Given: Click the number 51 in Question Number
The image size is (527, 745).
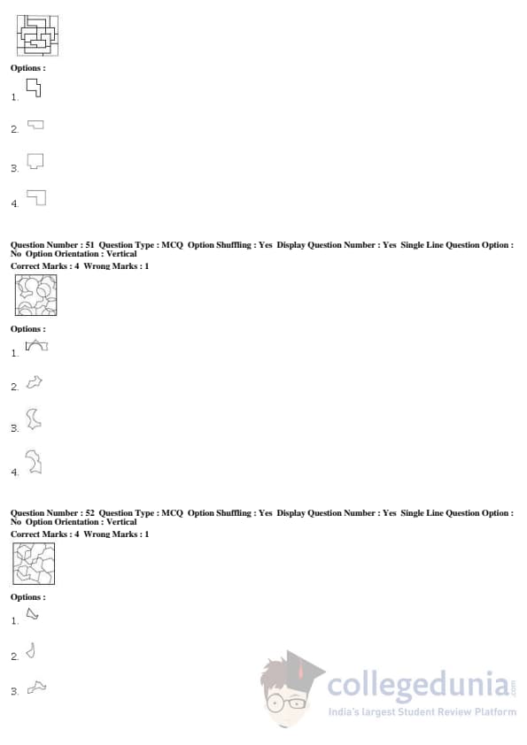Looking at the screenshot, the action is click(89, 245).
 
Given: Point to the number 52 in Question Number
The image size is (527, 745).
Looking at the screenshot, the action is click(89, 512).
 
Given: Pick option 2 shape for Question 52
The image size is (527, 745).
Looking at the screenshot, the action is click(31, 652).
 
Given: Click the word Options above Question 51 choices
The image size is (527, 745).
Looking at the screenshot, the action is click(28, 329).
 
